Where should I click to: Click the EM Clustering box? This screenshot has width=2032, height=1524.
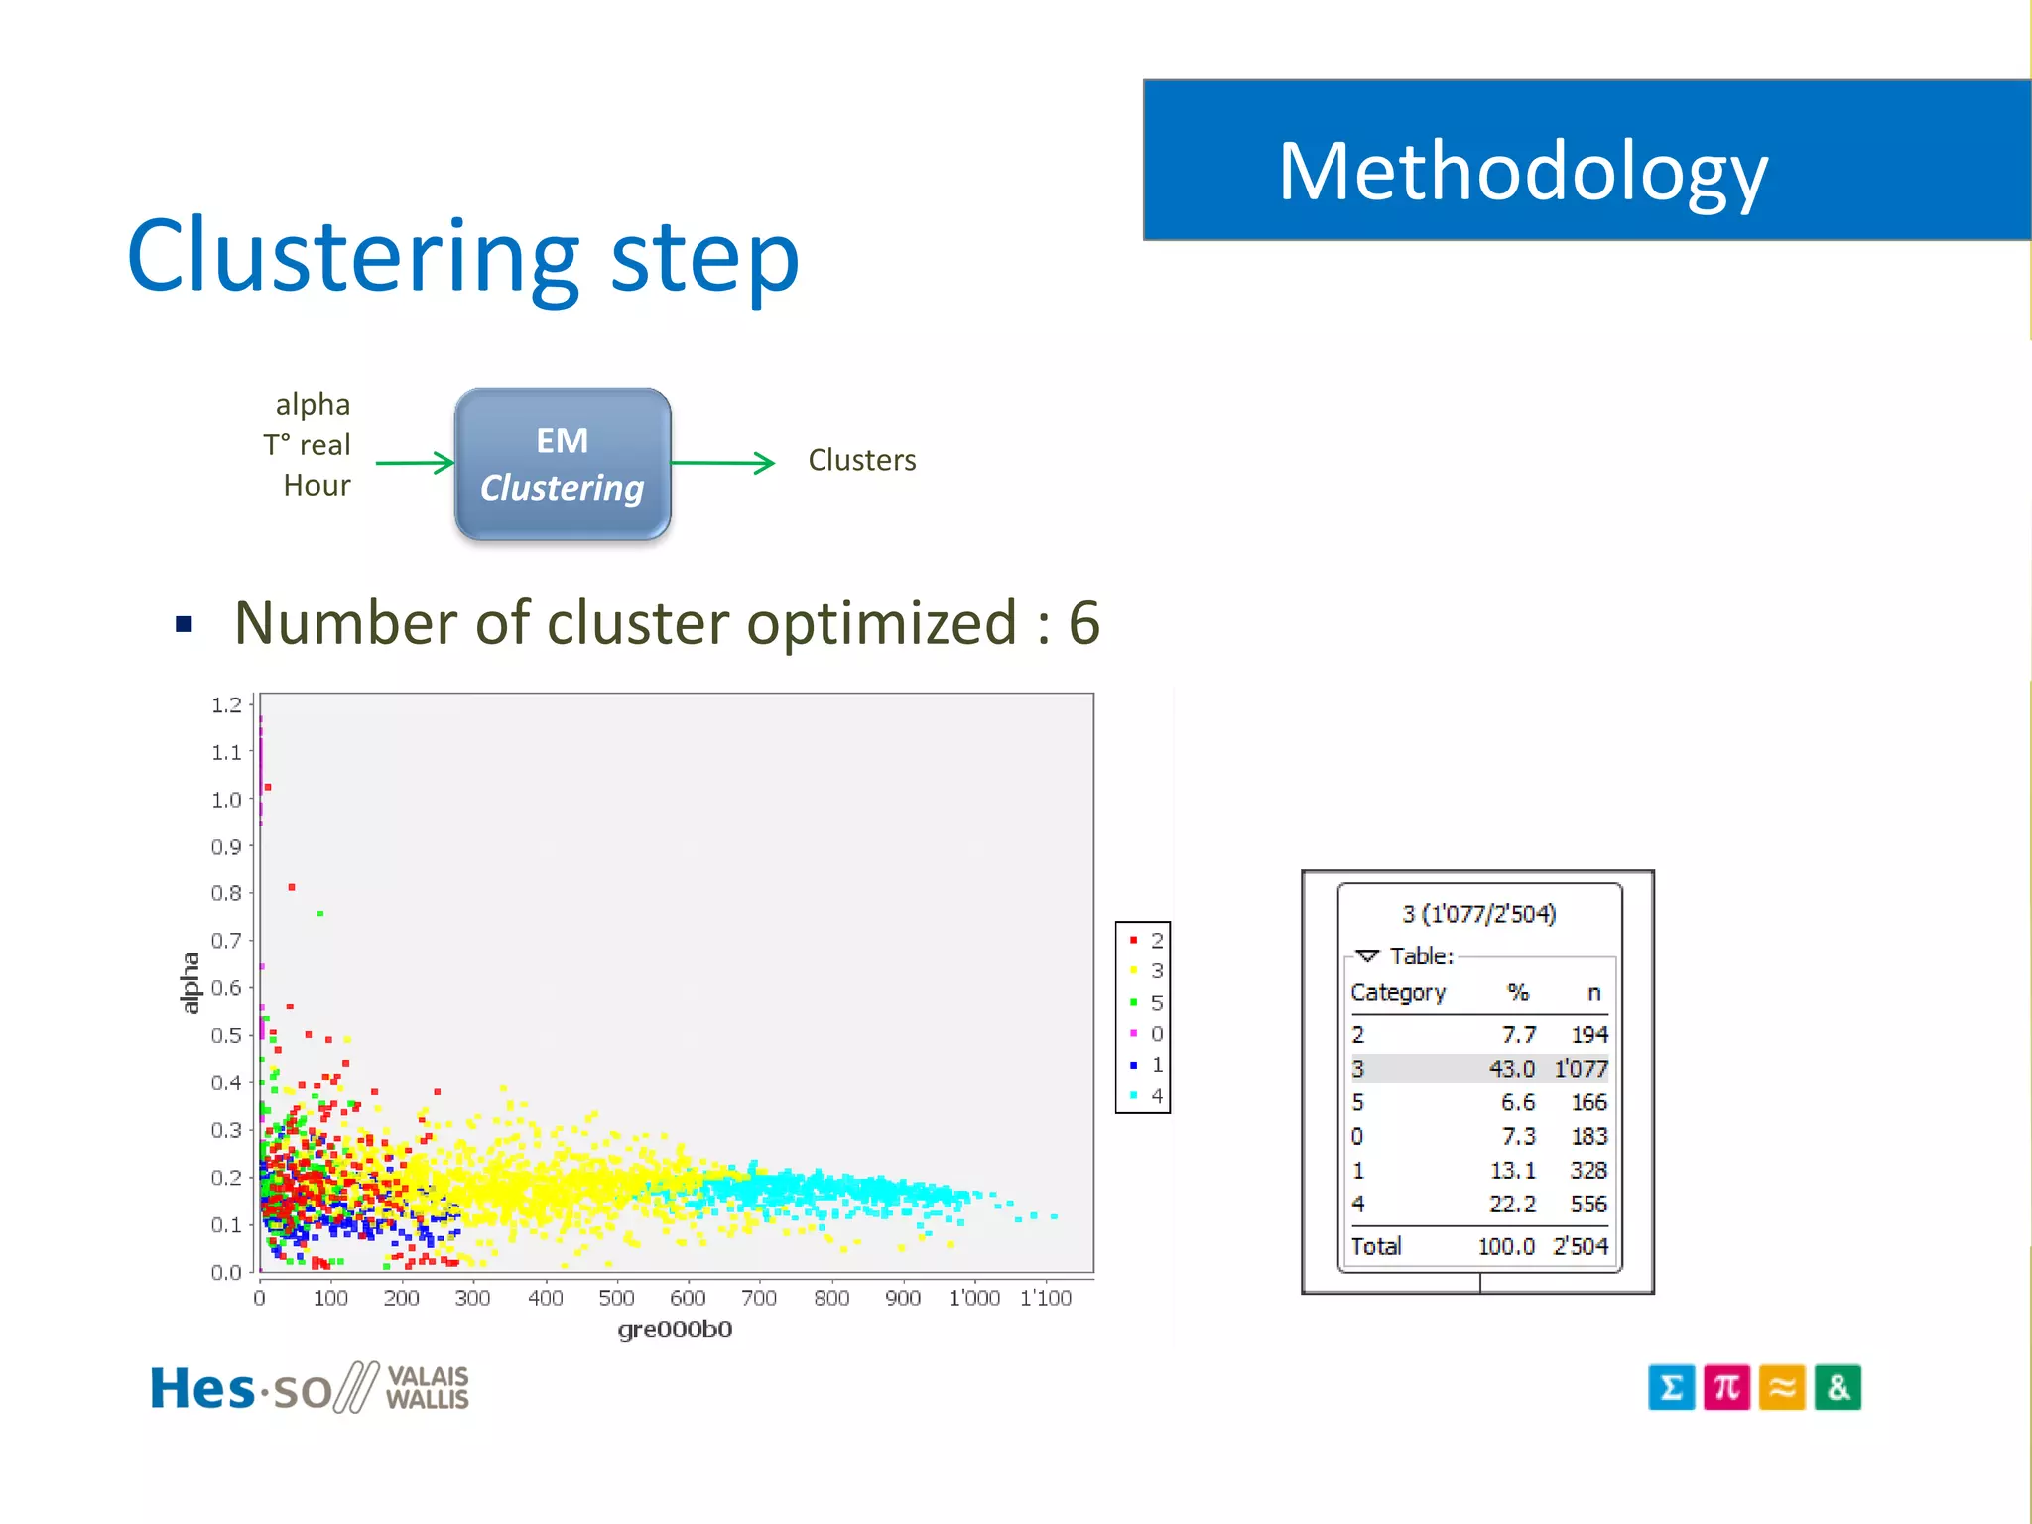[563, 463]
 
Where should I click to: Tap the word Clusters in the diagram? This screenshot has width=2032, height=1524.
[861, 460]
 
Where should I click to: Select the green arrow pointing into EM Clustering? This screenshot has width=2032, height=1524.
[415, 462]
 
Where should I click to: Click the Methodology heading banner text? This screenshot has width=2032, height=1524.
[1522, 172]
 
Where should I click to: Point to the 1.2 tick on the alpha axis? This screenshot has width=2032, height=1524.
[226, 705]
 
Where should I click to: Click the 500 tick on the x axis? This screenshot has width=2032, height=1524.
[616, 1298]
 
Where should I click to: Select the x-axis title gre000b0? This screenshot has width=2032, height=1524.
[675, 1330]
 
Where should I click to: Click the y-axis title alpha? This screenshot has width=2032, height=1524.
[189, 982]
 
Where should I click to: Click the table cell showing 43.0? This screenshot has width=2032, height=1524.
[1511, 1069]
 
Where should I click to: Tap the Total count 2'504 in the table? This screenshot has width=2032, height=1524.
[1580, 1246]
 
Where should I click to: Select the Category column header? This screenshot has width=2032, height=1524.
[1398, 992]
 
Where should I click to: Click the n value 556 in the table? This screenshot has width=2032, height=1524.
[1587, 1204]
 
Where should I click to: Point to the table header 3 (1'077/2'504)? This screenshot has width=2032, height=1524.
[1478, 914]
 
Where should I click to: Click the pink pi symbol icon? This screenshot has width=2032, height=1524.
[1726, 1387]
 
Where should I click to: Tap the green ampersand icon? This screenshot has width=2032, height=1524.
[1838, 1387]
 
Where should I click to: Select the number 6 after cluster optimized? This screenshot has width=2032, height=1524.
[1083, 623]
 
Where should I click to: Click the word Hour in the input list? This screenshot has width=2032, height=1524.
[317, 485]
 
